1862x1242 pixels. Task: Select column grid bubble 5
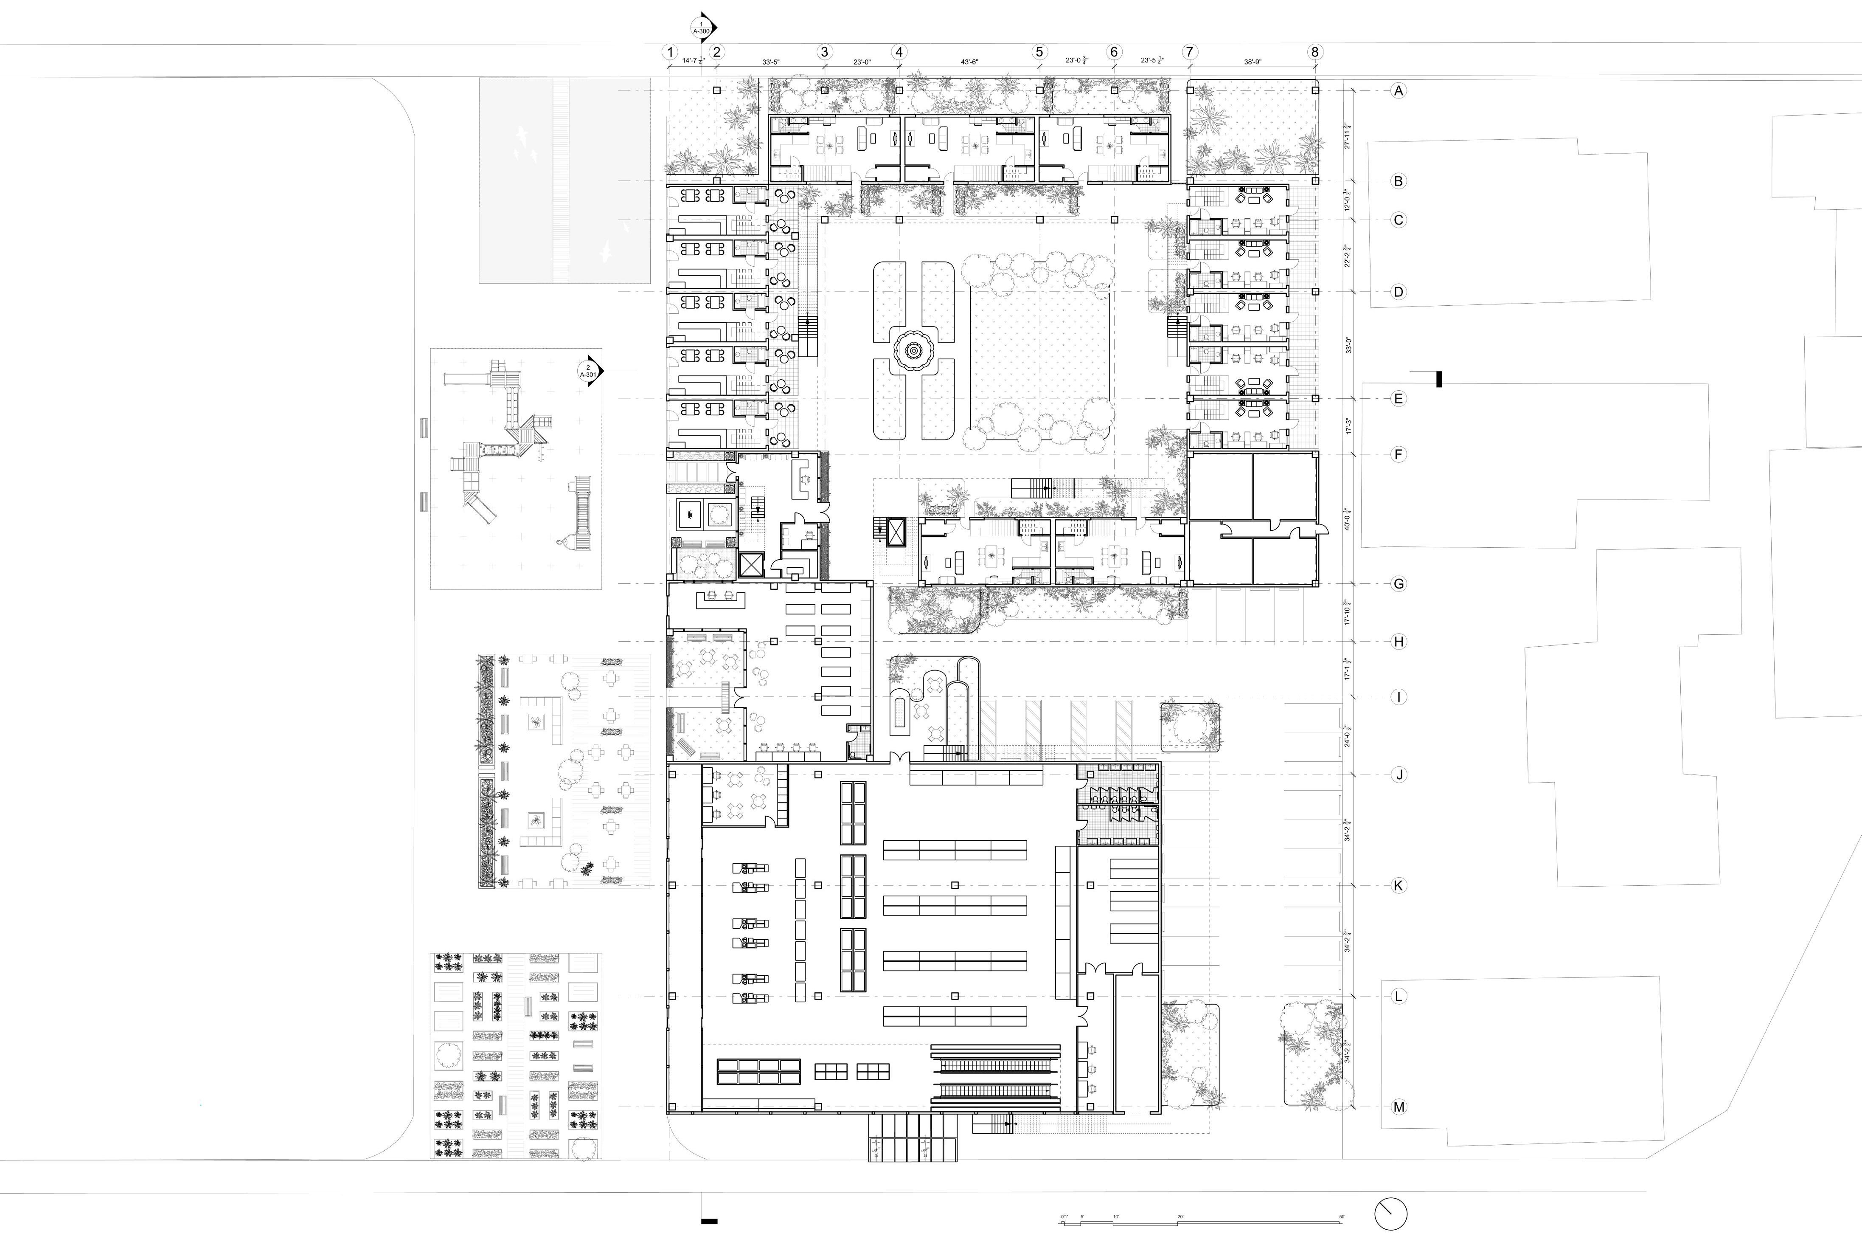coord(1039,52)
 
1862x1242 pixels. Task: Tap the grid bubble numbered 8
coord(1315,52)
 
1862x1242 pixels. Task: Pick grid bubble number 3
coord(824,52)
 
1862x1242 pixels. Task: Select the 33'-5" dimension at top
coord(770,61)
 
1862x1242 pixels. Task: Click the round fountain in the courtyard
coord(913,350)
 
